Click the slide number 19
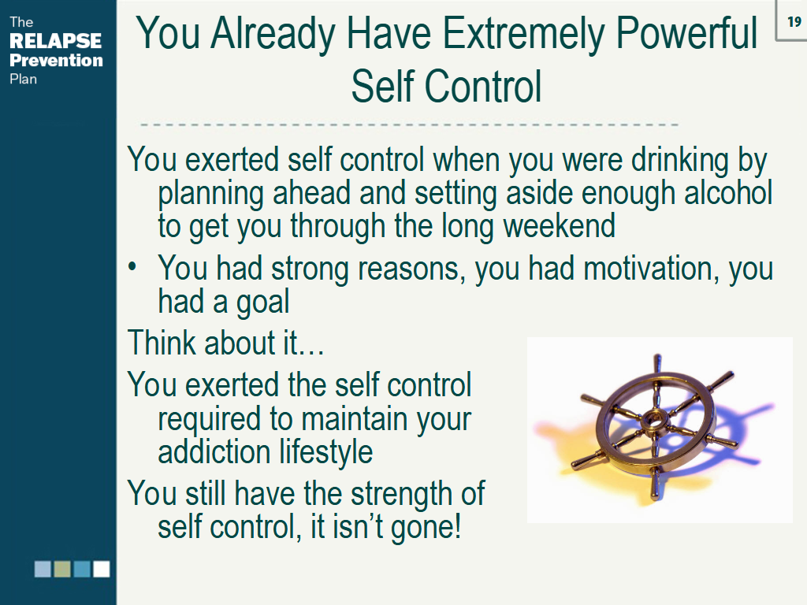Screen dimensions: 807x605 (x=794, y=21)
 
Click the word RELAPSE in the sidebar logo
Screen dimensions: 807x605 (x=56, y=41)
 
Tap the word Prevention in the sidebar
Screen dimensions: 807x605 (x=56, y=60)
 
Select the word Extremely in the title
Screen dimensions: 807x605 (x=523, y=34)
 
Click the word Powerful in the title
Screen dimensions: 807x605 (x=686, y=33)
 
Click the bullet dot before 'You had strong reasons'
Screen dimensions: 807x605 (x=132, y=267)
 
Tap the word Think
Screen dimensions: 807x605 (x=162, y=342)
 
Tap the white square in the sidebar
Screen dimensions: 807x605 (x=102, y=569)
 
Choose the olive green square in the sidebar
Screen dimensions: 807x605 (x=62, y=569)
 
